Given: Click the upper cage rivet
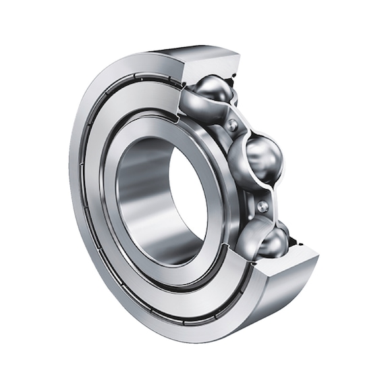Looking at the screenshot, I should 233,125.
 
